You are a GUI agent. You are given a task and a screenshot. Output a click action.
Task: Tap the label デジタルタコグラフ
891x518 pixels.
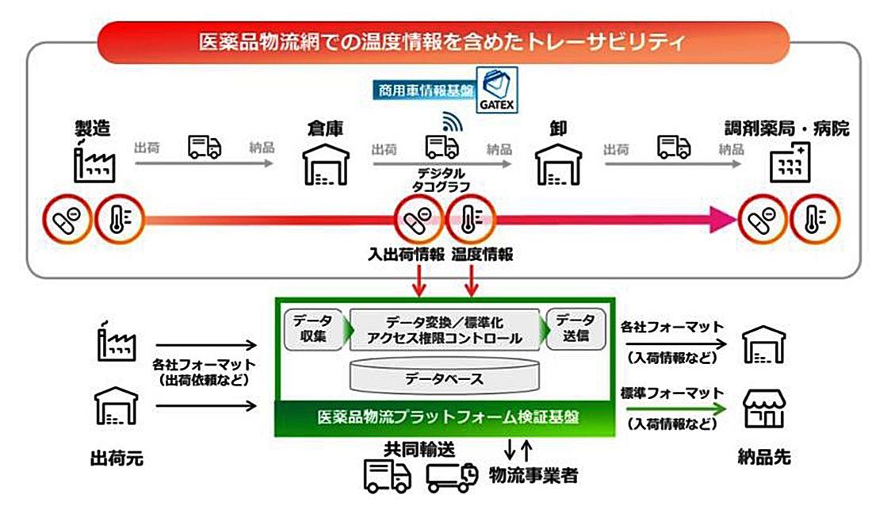pos(442,179)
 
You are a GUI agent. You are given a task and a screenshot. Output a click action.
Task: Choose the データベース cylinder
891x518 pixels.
pos(444,377)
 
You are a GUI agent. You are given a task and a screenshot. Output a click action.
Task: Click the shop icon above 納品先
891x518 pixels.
pos(763,409)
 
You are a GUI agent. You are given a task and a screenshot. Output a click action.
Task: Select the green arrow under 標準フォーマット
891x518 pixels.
pos(674,409)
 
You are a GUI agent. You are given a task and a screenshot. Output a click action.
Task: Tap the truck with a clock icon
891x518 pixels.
pos(451,475)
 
